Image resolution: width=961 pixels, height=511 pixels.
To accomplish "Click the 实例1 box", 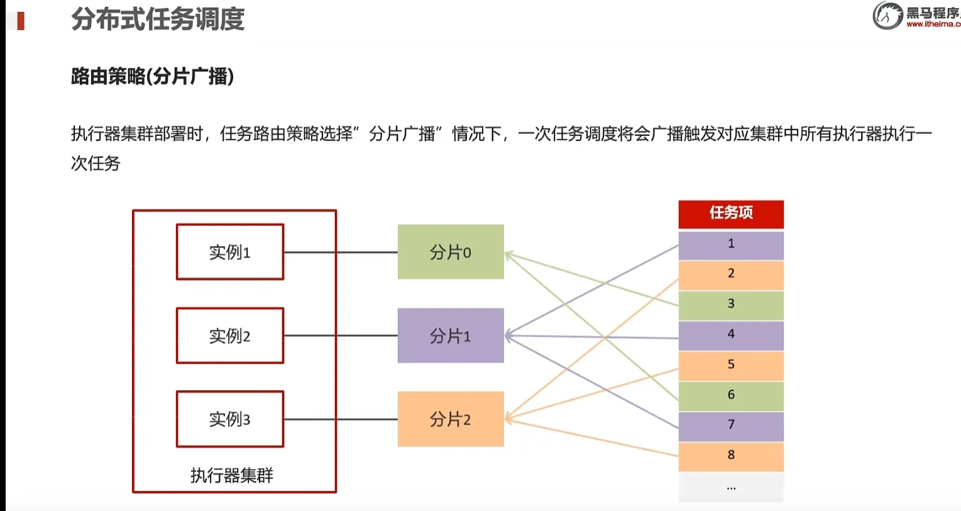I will pyautogui.click(x=230, y=252).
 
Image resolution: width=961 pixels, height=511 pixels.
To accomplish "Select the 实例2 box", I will pyautogui.click(x=230, y=336).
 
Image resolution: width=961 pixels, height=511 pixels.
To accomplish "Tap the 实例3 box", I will pyautogui.click(x=230, y=419).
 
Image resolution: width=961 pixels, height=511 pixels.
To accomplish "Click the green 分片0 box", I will pyautogui.click(x=451, y=252).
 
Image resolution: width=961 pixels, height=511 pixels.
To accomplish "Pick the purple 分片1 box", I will pyautogui.click(x=451, y=336).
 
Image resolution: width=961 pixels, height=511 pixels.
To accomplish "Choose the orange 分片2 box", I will pyautogui.click(x=451, y=419).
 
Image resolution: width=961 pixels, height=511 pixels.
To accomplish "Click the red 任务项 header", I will pyautogui.click(x=731, y=213).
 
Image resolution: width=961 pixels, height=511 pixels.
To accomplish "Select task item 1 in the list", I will pyautogui.click(x=731, y=245).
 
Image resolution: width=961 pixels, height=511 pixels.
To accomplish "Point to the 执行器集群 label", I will pyautogui.click(x=232, y=475).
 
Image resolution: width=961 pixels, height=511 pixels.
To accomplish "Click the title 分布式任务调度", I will pyautogui.click(x=158, y=19).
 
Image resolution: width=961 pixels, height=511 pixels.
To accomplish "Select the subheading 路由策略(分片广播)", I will pyautogui.click(x=152, y=77).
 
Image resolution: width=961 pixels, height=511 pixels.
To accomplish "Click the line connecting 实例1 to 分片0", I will pyautogui.click(x=341, y=252).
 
